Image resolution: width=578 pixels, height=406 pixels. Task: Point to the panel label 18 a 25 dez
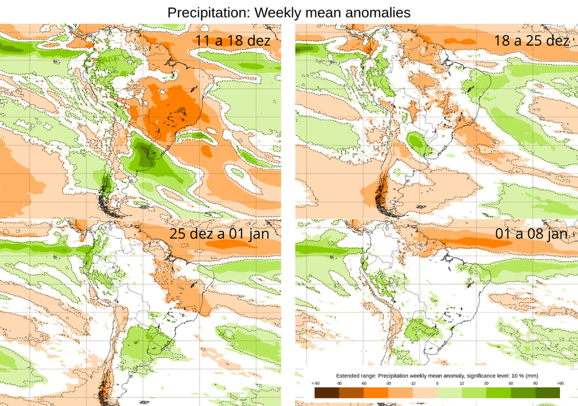coord(531,41)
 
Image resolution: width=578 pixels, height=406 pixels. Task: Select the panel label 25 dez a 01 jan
coord(219,233)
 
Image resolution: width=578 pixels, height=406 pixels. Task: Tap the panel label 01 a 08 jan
coord(531,233)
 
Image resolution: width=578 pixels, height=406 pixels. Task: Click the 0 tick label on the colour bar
coord(437,383)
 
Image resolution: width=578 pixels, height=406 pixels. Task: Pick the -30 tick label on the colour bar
coord(388,383)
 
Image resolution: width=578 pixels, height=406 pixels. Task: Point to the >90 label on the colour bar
coord(559,383)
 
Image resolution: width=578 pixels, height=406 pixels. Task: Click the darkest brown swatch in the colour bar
coord(327,392)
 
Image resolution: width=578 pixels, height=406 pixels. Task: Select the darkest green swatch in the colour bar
coord(548,392)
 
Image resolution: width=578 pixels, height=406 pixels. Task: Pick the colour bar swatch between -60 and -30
coord(376,392)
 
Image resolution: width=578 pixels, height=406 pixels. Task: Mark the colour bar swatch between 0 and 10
coord(450,392)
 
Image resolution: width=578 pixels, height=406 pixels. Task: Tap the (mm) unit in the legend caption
coord(531,376)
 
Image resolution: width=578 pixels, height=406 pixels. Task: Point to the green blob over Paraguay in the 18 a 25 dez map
coord(418,142)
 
